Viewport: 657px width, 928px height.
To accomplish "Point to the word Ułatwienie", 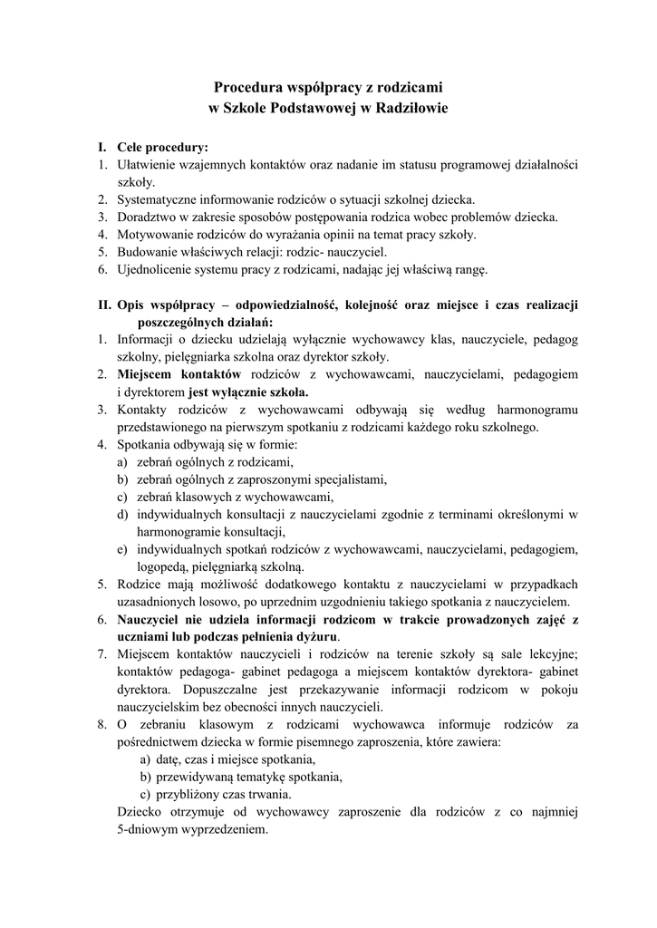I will click(x=149, y=165).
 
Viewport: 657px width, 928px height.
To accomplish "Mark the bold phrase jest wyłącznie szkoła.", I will click(x=248, y=392).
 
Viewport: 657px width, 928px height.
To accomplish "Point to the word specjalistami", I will click(x=348, y=479).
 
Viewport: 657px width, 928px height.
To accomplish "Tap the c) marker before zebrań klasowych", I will click(x=122, y=497).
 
